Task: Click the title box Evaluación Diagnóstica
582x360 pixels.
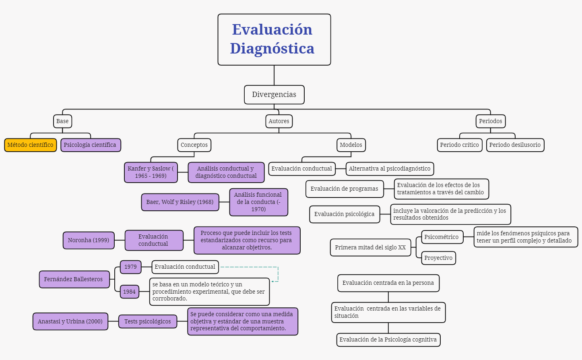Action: click(274, 39)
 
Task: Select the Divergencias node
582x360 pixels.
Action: click(274, 95)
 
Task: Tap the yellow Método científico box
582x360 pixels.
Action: click(30, 145)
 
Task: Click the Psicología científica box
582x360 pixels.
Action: click(90, 145)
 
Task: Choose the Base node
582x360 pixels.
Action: click(62, 121)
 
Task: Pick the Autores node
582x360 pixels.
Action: click(279, 121)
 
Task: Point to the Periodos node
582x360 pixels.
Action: click(490, 121)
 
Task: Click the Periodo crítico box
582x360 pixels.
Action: click(459, 145)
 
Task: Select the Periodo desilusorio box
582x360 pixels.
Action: click(515, 145)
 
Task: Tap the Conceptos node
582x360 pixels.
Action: click(194, 145)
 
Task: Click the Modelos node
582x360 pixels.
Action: click(351, 145)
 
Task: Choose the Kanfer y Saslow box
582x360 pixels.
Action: click(151, 172)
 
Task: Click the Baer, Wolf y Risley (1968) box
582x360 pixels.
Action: click(180, 202)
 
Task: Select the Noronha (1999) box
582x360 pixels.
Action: click(89, 240)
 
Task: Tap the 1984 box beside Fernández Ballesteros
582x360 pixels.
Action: click(129, 292)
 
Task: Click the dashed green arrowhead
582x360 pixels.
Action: click(272, 281)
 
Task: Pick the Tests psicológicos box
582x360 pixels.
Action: click(147, 321)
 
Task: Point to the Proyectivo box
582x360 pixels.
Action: click(438, 258)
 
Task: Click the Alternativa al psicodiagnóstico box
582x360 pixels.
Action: click(390, 169)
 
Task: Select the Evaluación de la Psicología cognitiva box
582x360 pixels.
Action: click(388, 339)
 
